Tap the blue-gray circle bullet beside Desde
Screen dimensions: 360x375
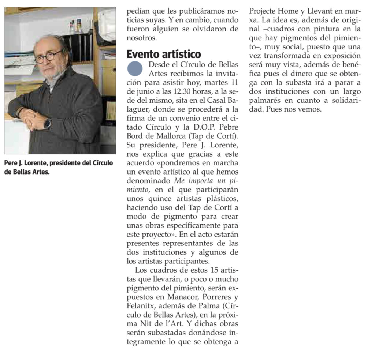tap(135, 68)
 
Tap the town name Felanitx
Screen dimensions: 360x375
tap(141, 306)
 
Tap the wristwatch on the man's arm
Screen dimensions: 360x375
tap(47, 124)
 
